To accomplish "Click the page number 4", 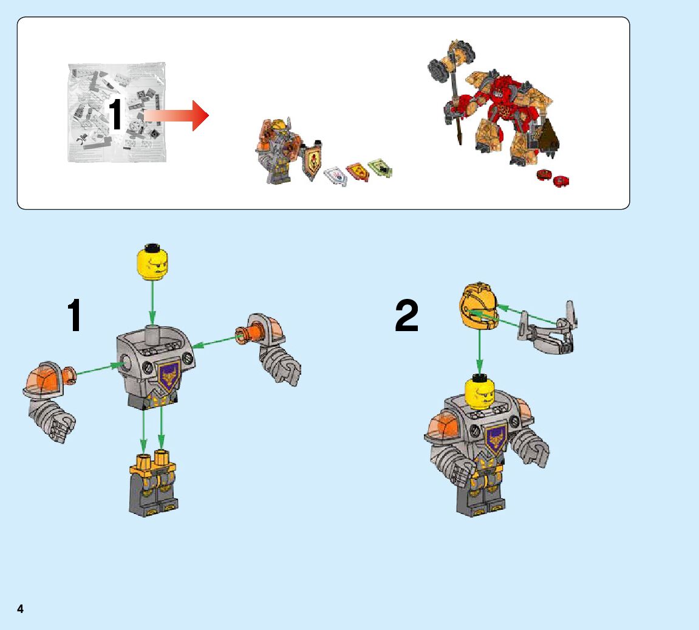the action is click(x=20, y=609).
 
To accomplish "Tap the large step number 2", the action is click(x=406, y=315).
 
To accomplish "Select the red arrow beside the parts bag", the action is click(x=177, y=116).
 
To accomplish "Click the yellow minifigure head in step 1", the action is click(x=152, y=262).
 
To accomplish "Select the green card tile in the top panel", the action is click(x=380, y=168).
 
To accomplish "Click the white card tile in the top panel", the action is click(x=336, y=176).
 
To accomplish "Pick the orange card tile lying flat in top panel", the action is click(x=358, y=172).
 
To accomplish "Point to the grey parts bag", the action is click(x=117, y=112).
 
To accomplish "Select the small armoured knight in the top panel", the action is click(x=278, y=151).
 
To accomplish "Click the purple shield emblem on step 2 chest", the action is click(x=496, y=439).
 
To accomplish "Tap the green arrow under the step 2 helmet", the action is click(x=480, y=352).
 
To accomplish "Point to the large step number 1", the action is click(x=75, y=315).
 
